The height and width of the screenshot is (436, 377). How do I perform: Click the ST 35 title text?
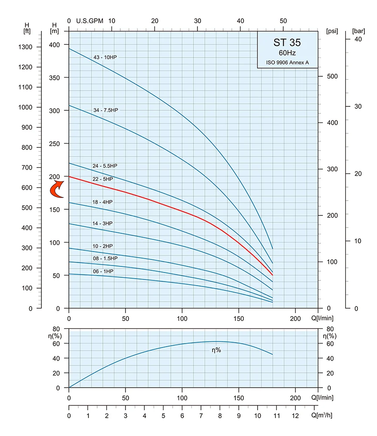tap(287, 43)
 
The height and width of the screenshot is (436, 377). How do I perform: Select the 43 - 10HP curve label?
tap(105, 57)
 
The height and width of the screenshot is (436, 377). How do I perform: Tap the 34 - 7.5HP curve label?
tap(105, 110)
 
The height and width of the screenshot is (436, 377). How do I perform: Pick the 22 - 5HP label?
tap(102, 179)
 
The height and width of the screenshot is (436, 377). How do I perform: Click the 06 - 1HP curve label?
tap(103, 271)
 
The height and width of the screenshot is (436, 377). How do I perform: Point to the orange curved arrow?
tap(56, 189)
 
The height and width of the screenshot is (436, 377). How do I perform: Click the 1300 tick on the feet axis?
tap(25, 47)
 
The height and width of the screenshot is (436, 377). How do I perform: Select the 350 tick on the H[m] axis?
tap(54, 78)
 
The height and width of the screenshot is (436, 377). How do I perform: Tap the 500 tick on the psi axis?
tap(332, 76)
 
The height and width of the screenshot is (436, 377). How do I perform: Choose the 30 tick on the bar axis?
tap(358, 106)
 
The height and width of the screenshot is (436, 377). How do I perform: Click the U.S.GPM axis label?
tap(89, 21)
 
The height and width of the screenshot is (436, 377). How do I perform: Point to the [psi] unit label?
tap(332, 31)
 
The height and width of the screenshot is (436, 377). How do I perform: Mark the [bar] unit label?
tap(358, 31)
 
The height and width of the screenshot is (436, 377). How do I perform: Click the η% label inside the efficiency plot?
tap(216, 350)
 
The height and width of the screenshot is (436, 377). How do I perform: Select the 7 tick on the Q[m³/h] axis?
tap(201, 416)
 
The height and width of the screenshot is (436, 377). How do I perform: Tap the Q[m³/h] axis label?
tap(322, 415)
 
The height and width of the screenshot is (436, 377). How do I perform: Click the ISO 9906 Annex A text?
tap(288, 62)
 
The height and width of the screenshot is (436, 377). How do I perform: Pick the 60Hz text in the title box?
tap(287, 53)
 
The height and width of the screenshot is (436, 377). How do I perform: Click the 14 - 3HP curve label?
tap(102, 223)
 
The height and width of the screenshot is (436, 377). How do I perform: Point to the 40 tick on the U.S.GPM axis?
tap(241, 21)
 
